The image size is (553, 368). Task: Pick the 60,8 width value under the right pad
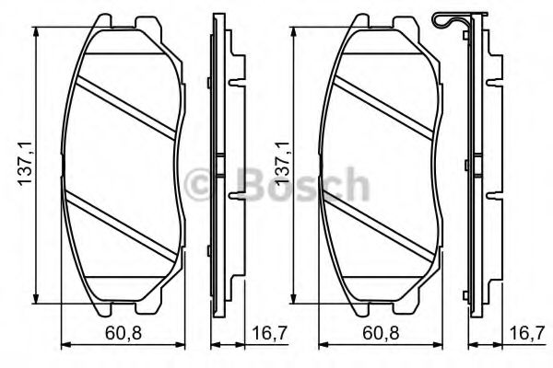pos(381,332)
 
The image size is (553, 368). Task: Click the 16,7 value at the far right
pos(523,332)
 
